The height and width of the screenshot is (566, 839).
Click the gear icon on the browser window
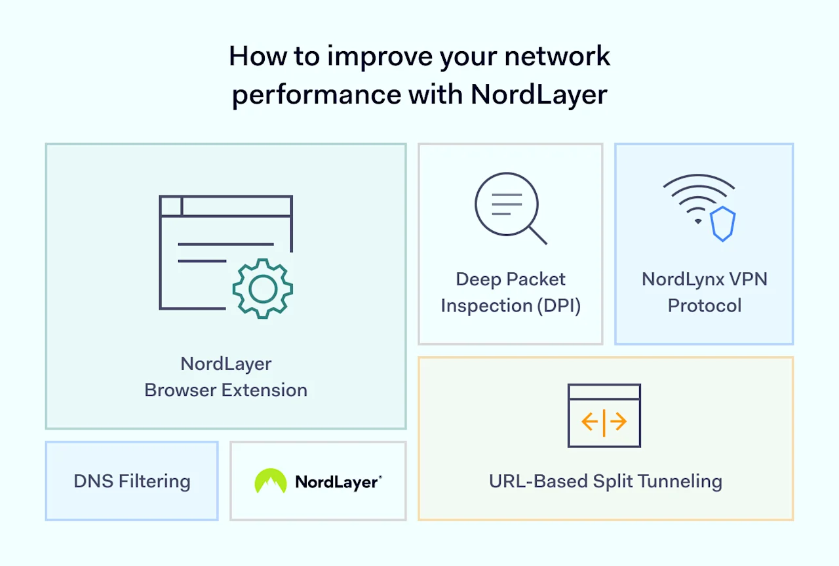[x=262, y=289]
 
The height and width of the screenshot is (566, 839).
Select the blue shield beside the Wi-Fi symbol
[x=723, y=224]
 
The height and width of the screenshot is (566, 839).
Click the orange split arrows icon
[x=604, y=422]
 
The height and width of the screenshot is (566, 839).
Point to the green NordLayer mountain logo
[x=271, y=481]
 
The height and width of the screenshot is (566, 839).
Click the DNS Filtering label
[x=132, y=481]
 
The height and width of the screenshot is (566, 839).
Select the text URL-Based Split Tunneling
[x=605, y=481]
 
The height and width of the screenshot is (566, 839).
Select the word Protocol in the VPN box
[x=704, y=306]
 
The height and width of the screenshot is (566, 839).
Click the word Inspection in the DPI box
[x=477, y=306]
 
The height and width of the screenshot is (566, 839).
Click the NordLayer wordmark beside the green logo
[x=337, y=482]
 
